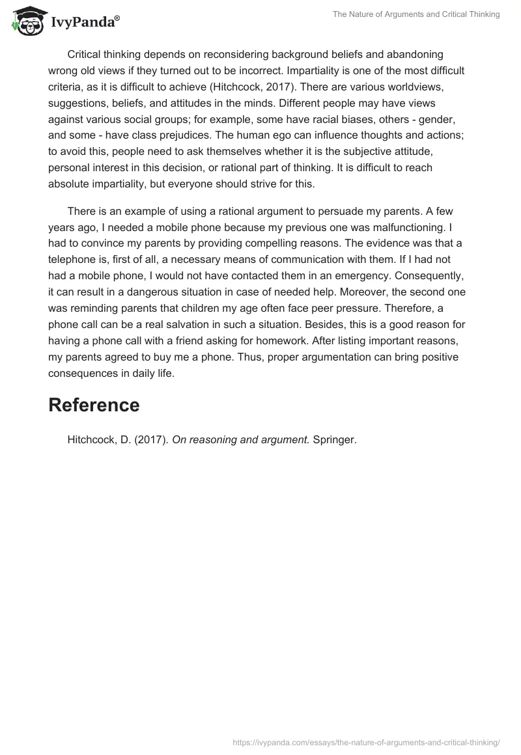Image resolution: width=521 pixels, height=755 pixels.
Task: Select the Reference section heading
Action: click(94, 405)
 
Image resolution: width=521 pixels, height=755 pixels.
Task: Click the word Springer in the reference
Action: click(335, 440)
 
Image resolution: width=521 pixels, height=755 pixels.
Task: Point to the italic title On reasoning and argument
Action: click(240, 440)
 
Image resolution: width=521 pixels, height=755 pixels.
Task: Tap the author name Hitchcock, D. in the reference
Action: click(95, 440)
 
